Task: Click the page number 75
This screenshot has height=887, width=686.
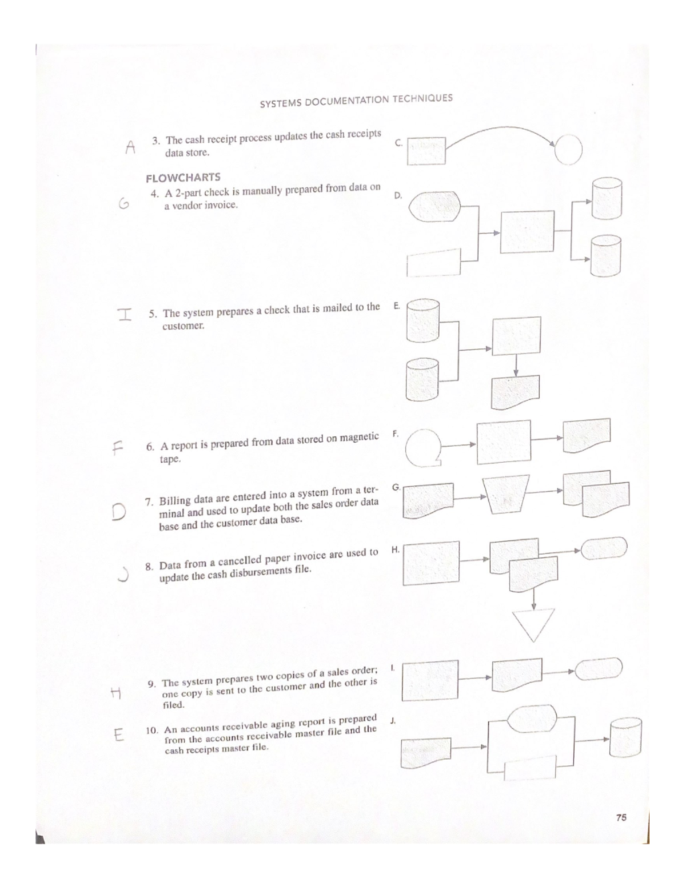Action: pyautogui.click(x=621, y=817)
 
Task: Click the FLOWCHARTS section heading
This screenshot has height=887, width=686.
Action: pyautogui.click(x=183, y=177)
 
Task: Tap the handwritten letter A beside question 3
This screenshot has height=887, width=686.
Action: pyautogui.click(x=130, y=147)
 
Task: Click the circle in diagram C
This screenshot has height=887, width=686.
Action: pyautogui.click(x=568, y=150)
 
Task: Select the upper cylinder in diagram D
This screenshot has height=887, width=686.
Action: pyautogui.click(x=607, y=199)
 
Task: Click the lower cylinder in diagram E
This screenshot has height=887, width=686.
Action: pyautogui.click(x=422, y=379)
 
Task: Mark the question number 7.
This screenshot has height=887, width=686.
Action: pyautogui.click(x=147, y=503)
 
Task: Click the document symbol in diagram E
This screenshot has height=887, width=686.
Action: pyautogui.click(x=516, y=392)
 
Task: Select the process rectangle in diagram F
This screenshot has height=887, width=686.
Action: pyautogui.click(x=504, y=442)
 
